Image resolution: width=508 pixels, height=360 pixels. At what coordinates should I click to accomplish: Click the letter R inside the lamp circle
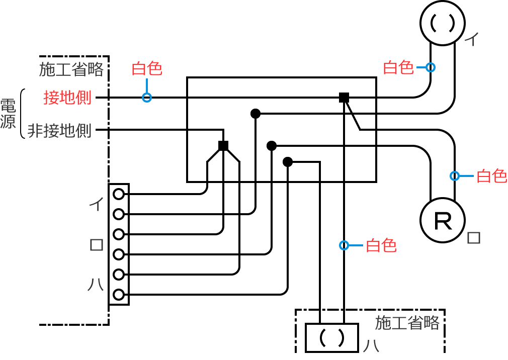click(x=443, y=221)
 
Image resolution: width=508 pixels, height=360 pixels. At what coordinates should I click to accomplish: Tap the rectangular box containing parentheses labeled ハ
click(x=332, y=337)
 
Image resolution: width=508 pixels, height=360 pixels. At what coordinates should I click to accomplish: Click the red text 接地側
click(x=67, y=98)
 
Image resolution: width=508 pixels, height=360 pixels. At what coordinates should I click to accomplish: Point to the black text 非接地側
click(x=59, y=131)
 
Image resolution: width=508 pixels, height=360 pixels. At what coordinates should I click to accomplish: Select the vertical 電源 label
click(x=8, y=114)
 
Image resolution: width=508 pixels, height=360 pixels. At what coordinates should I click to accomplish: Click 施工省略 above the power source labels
click(x=71, y=69)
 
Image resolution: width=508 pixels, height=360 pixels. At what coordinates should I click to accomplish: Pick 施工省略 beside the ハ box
click(x=407, y=322)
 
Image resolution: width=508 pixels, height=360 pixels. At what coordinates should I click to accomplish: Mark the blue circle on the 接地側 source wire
click(x=146, y=98)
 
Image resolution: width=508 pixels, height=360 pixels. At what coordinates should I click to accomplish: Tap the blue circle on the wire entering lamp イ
click(x=431, y=67)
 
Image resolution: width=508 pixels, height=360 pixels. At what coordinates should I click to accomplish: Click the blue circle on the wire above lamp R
click(x=455, y=176)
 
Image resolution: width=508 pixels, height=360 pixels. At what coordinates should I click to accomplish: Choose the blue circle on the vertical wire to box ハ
click(x=344, y=245)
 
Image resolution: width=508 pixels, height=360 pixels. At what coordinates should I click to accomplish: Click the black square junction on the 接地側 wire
click(x=344, y=98)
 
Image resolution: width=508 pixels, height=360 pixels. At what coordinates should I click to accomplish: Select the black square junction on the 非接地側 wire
click(x=223, y=146)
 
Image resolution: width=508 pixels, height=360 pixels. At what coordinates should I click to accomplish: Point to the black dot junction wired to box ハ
click(x=288, y=162)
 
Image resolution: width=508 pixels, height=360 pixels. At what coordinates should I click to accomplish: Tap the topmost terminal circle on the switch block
click(x=119, y=194)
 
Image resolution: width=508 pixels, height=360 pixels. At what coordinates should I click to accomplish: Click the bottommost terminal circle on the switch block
click(x=119, y=294)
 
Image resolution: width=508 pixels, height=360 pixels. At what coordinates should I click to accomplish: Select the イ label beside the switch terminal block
click(x=96, y=204)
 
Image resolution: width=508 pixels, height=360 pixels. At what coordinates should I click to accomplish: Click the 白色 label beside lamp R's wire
click(x=491, y=176)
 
